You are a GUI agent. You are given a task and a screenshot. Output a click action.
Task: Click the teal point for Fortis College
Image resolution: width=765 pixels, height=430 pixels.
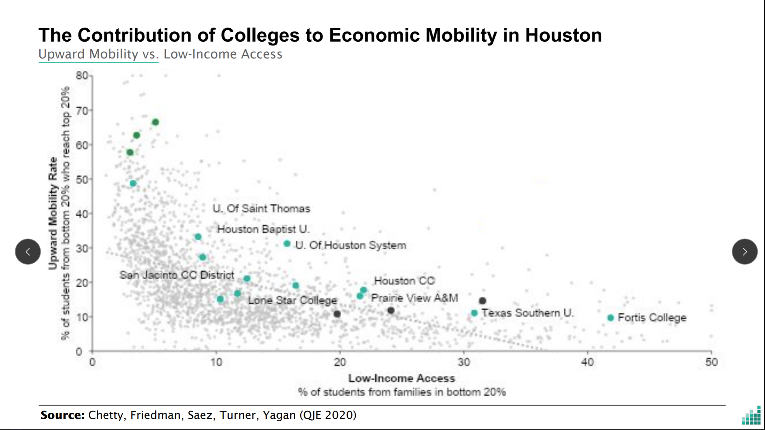coord(610,318)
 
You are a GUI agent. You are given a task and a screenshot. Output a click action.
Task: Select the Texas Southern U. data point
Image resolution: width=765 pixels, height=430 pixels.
coord(474,313)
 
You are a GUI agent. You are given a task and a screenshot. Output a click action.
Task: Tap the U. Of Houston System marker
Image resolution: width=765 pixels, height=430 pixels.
coord(287,244)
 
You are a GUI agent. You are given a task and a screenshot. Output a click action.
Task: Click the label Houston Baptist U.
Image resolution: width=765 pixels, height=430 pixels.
coord(263,229)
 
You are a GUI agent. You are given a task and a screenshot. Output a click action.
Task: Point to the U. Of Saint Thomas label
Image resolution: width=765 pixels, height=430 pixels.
coord(261,209)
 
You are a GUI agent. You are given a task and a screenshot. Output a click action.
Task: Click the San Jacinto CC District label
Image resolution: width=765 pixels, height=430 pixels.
coord(177,275)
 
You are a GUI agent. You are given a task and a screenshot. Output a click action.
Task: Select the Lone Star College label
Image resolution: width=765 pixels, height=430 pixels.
coord(293,300)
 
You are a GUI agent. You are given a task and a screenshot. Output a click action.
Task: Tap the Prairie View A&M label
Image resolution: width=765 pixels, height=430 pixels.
coord(414,298)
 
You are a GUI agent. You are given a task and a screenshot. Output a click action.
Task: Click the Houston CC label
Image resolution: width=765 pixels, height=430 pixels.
coord(404,281)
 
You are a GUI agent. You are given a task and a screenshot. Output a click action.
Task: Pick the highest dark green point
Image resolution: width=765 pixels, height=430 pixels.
coord(155,122)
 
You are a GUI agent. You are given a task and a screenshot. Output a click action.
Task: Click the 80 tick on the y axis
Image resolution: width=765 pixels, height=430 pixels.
coord(81,75)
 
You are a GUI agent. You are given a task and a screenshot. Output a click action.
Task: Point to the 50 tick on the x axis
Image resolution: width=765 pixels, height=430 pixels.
coord(711,362)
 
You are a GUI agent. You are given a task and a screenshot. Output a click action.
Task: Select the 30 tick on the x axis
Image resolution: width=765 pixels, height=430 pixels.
coord(464,362)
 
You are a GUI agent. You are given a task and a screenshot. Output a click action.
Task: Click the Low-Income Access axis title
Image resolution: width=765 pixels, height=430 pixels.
coord(402,378)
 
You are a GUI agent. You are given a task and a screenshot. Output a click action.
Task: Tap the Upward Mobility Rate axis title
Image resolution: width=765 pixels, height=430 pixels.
coord(53,213)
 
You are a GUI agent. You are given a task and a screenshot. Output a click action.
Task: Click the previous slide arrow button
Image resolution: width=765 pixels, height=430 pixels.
coord(28,252)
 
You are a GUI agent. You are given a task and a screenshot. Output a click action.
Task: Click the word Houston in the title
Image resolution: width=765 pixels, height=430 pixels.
coord(563,35)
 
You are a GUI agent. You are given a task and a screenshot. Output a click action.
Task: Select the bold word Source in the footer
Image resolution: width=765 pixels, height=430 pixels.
coord(62,415)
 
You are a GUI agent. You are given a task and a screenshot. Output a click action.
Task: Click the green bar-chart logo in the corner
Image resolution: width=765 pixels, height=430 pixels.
coord(751,415)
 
